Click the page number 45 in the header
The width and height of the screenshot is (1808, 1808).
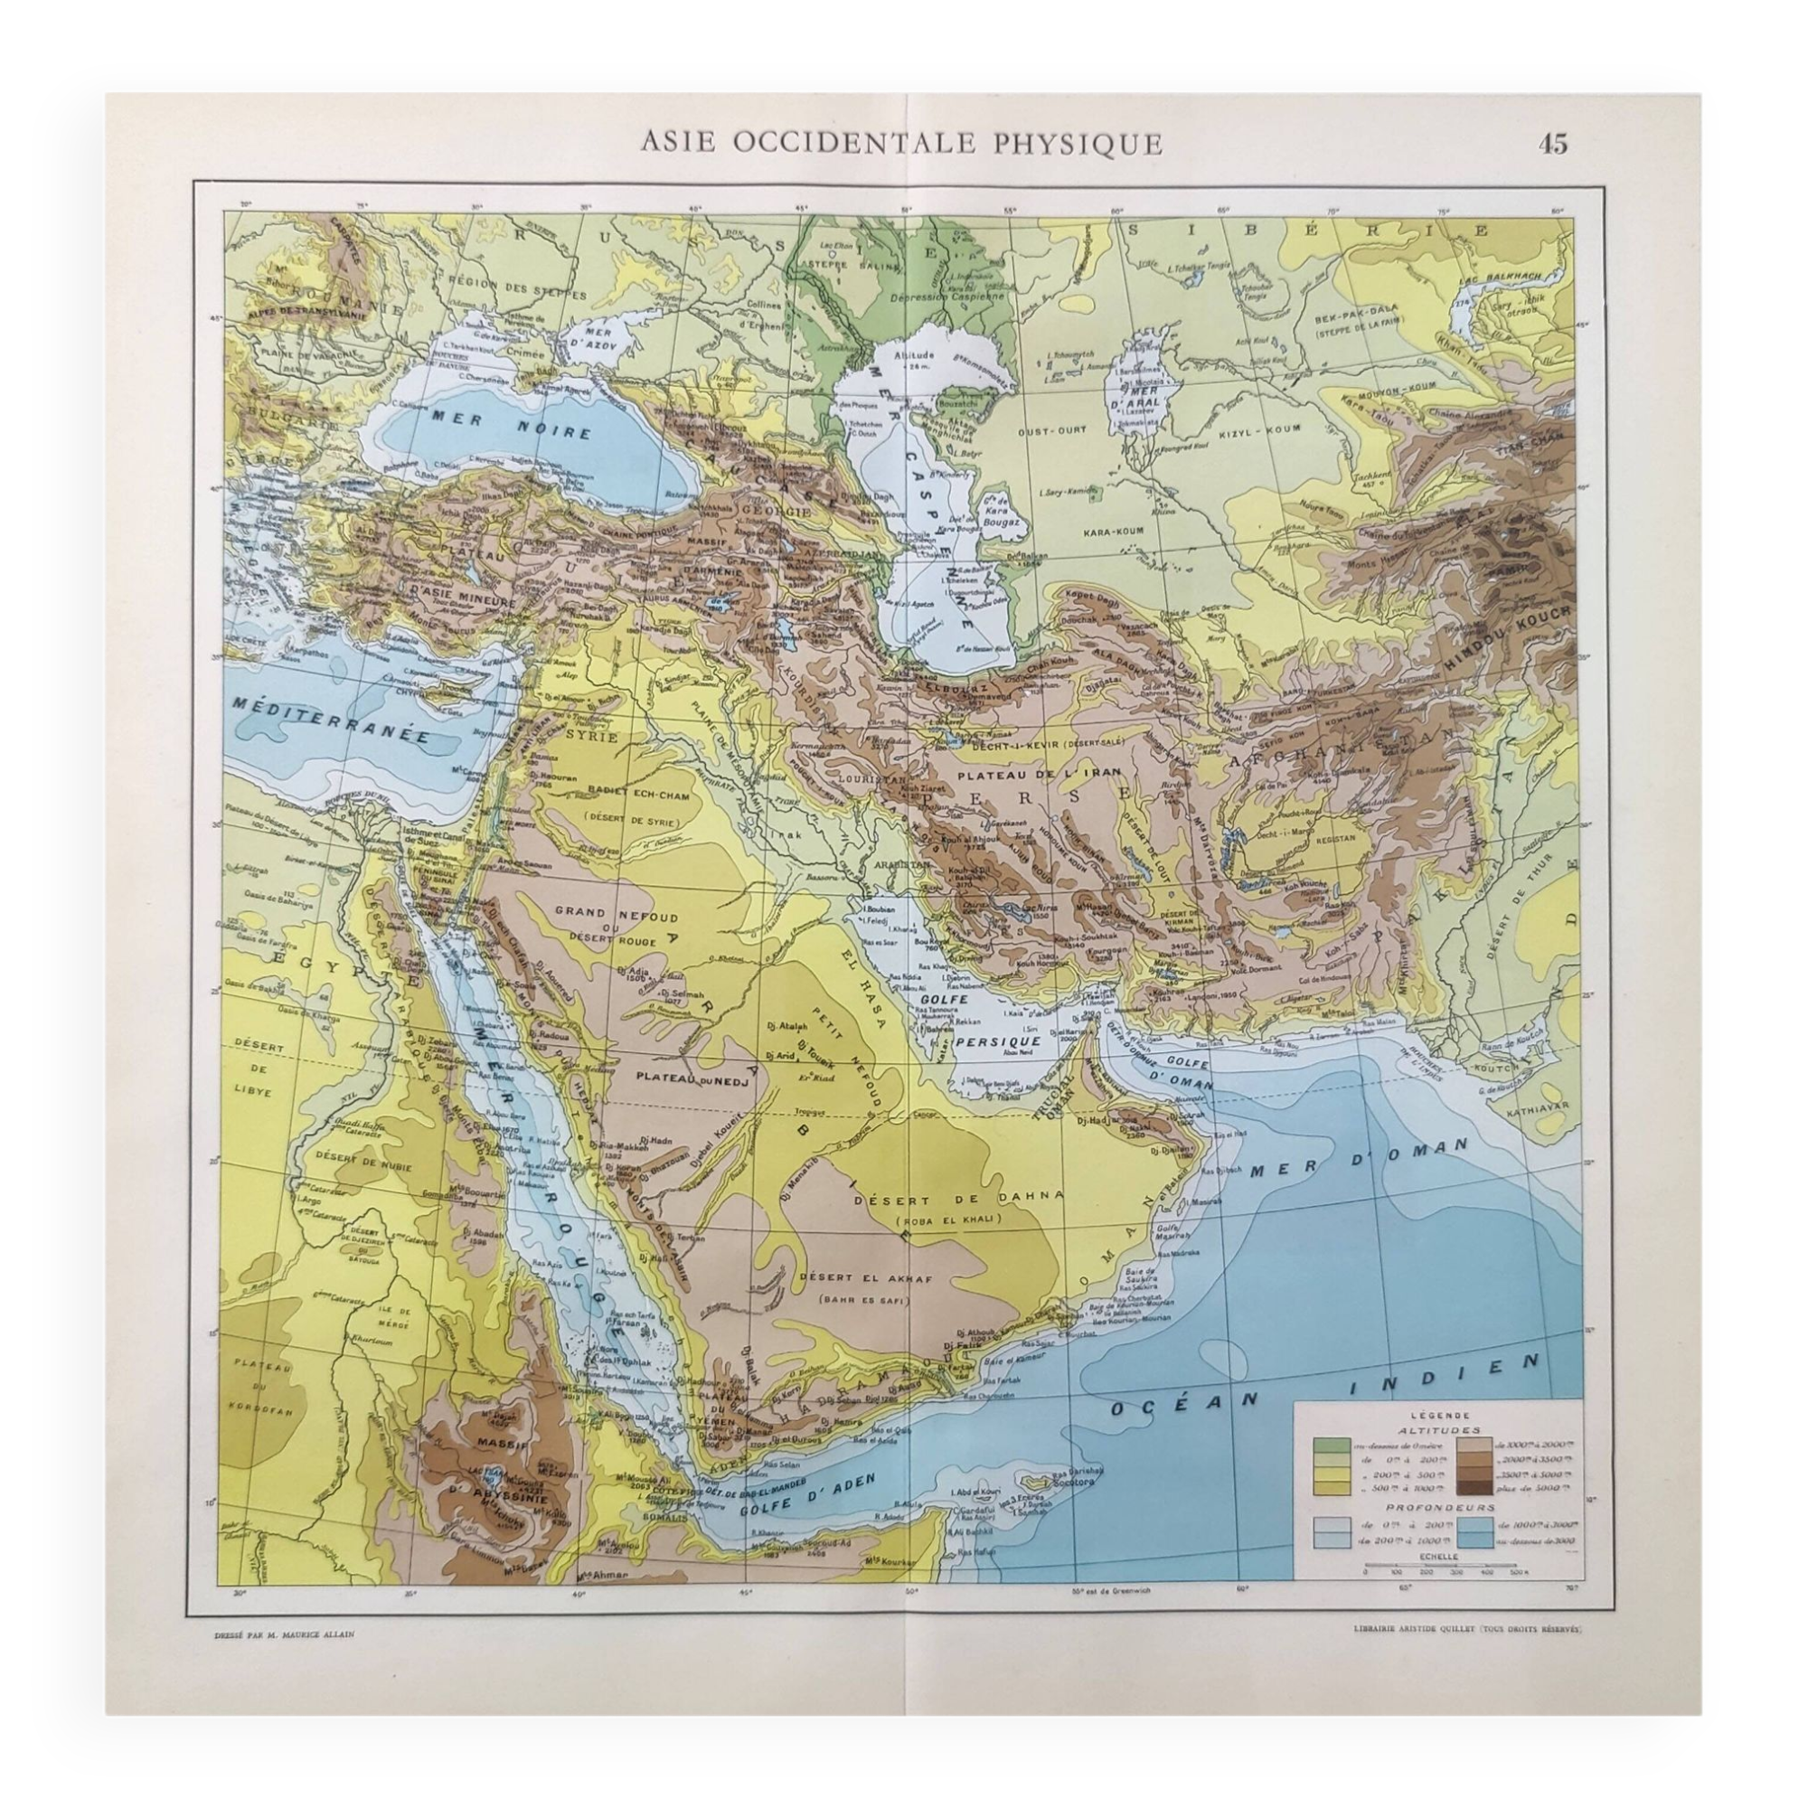click(1551, 143)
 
